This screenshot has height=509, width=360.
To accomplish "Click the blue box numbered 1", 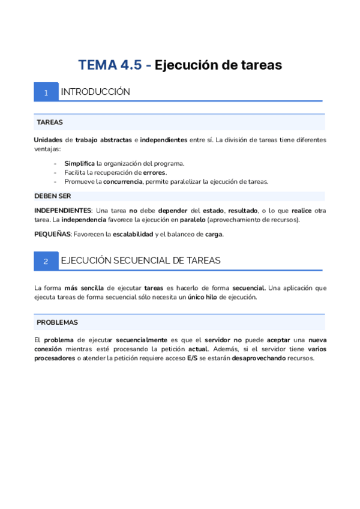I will pos(46,92).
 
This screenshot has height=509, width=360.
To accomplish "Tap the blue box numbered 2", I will pos(46,261).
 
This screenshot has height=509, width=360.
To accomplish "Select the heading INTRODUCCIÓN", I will pos(95,92).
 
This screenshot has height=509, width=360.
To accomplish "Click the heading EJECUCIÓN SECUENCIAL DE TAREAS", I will pos(141,261).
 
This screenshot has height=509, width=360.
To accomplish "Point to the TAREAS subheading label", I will pos(50,122).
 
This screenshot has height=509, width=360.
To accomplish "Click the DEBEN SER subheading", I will pos(53,196).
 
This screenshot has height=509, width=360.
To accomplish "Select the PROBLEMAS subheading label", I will pos(57,322).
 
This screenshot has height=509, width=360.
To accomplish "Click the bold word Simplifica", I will pos(80,163).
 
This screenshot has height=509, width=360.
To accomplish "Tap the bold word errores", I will pos(155,172).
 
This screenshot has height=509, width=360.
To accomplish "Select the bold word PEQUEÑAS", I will pos(52,234).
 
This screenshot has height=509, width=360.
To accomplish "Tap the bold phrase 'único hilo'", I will pos(202,297).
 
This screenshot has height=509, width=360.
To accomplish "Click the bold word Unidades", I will pos(48,140).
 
